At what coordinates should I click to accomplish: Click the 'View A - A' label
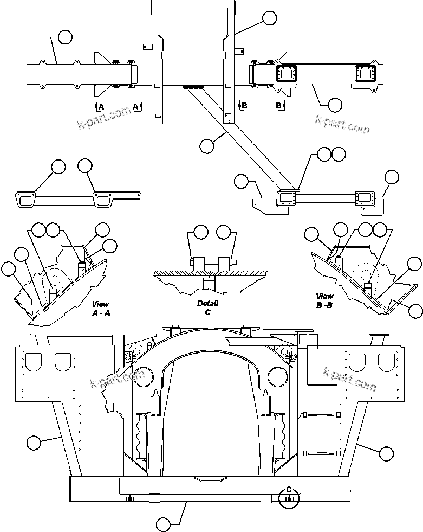[101, 308]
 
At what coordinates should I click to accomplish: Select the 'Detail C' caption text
[207, 307]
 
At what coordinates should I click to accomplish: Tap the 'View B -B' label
[324, 300]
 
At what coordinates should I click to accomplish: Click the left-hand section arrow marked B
[243, 105]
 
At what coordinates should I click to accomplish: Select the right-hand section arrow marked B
[280, 105]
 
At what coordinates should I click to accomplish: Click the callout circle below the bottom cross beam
[164, 524]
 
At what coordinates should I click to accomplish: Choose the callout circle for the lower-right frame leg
[386, 453]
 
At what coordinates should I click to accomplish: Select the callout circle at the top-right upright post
[269, 18]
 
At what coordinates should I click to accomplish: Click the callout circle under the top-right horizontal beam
[335, 105]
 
